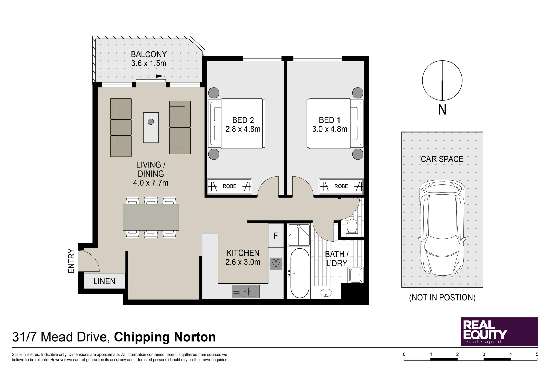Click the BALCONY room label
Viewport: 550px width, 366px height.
click(149, 54)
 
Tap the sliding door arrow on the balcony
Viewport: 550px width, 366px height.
click(151, 76)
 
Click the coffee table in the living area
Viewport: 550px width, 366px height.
click(151, 127)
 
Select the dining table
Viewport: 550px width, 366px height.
click(151, 217)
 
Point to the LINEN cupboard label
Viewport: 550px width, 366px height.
click(104, 281)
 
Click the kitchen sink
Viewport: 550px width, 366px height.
click(245, 291)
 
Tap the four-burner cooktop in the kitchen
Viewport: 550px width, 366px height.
click(276, 264)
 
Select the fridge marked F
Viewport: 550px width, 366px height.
click(276, 236)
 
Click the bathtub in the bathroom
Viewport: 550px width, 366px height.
click(299, 273)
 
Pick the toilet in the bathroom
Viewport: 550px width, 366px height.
click(352, 227)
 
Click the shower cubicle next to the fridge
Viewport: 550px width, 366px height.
click(299, 235)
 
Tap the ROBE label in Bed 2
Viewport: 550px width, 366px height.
click(229, 186)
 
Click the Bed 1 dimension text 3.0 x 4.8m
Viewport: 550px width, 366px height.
click(330, 129)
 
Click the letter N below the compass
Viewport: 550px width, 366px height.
click(442, 109)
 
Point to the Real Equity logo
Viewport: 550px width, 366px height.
click(499, 331)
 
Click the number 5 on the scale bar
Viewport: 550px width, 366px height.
click(537, 354)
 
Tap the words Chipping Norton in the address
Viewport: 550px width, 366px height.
click(165, 337)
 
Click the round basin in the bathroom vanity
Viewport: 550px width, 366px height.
click(326, 293)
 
